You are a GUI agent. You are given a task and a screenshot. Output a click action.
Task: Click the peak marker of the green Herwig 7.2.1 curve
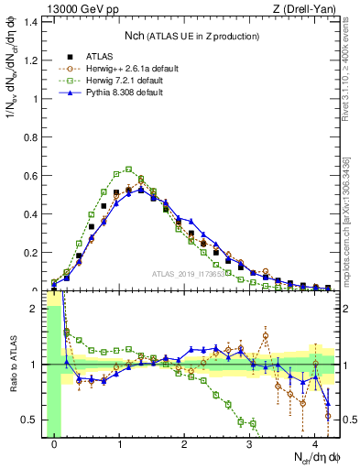click(x=129, y=169)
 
